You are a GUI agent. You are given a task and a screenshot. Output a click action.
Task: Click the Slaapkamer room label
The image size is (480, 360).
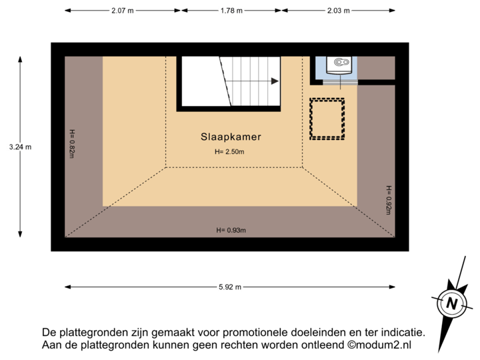(x=231, y=137)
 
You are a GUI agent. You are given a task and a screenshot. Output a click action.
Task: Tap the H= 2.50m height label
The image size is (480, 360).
(x=230, y=152)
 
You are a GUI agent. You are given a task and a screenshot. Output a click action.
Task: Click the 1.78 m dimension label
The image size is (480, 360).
(x=231, y=11)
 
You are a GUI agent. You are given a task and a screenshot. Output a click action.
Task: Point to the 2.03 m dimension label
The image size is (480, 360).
(x=338, y=11)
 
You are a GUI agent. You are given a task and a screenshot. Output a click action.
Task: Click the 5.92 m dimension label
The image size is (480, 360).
(x=230, y=287)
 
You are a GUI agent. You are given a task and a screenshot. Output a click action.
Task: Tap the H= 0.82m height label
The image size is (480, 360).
(x=72, y=143)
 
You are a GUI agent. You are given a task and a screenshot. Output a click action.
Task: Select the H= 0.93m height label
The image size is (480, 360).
(x=231, y=231)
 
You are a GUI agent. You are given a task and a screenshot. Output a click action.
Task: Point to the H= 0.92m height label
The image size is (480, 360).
(x=388, y=199)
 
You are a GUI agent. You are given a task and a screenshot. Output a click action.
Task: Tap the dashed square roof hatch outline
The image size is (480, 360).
(x=327, y=119)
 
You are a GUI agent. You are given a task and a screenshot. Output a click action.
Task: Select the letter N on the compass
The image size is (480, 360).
(x=452, y=304)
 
